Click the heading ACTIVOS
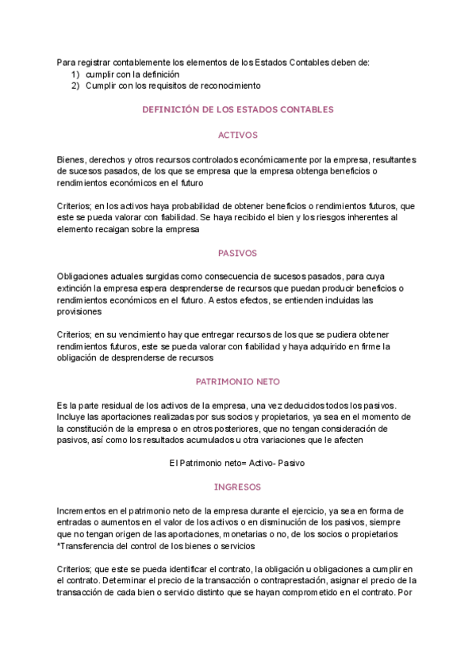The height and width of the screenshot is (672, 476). [x=238, y=136]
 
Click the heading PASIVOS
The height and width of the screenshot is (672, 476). [x=238, y=254]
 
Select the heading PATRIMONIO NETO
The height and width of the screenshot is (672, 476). [x=238, y=380]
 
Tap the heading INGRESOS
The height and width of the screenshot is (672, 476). [x=238, y=487]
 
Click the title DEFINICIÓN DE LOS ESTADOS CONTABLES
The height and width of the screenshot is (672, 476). [x=238, y=109]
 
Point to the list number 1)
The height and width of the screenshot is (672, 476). [x=75, y=74]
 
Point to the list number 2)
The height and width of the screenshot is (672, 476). [x=75, y=85]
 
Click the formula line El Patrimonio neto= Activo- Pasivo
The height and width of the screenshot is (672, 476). [x=238, y=462]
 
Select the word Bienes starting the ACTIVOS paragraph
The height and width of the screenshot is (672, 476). [x=71, y=159]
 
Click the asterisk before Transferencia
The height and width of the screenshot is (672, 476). [x=59, y=546]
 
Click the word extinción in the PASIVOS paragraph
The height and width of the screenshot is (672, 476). [x=76, y=288]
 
